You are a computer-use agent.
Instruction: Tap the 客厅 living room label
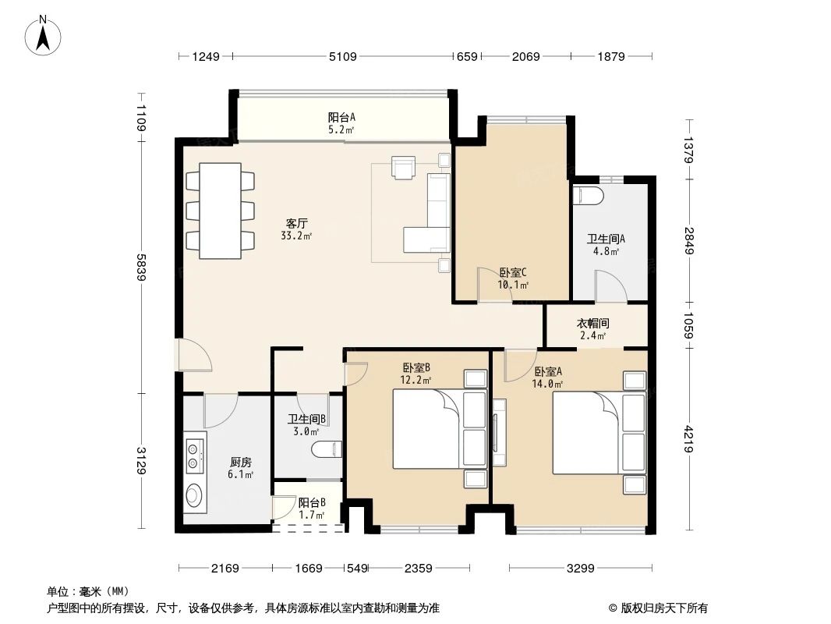point(296,222)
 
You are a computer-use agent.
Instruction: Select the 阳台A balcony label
point(341,118)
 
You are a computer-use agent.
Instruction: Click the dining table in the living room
point(221,211)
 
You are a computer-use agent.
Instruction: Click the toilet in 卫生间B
point(327,450)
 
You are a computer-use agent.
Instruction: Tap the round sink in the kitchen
point(194,495)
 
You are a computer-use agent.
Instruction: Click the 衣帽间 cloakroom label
point(592,323)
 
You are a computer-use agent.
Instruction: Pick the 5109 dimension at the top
point(344,56)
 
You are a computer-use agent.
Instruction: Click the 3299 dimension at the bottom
point(580,568)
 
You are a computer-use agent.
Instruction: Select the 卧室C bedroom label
point(514,273)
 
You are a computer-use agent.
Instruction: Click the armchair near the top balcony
point(404,168)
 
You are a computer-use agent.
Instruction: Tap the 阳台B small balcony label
point(312,503)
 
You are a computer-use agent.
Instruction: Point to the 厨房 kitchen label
point(240,461)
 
